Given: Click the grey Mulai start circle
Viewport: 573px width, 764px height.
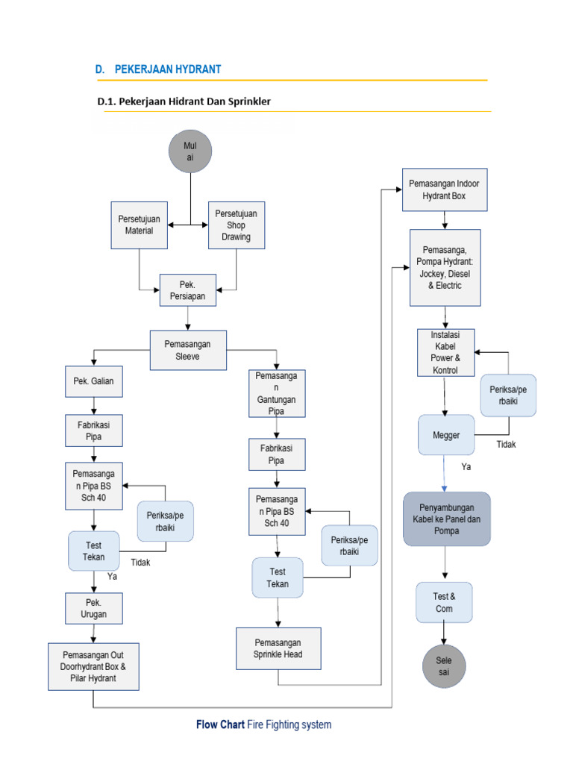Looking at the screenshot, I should click(190, 151).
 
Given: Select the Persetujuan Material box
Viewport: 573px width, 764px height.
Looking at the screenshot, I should click(140, 225).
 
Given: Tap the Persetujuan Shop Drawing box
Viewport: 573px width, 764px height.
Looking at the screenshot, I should click(236, 225).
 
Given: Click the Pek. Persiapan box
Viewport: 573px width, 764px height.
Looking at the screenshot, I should click(187, 290).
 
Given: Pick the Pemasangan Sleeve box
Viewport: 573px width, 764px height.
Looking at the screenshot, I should click(187, 350).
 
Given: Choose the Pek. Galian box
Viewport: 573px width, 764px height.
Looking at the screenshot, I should click(93, 381).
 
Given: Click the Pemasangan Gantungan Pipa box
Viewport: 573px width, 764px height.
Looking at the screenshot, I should click(278, 393).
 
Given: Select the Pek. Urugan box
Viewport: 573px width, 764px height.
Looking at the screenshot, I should click(93, 609).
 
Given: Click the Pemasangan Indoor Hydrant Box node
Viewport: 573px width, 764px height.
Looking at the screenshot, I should click(445, 190).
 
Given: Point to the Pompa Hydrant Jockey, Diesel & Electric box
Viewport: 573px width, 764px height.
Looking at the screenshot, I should click(445, 268).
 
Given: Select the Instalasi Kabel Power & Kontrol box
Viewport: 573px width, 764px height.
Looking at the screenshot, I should click(445, 352).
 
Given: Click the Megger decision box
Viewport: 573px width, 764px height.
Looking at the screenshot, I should click(446, 435).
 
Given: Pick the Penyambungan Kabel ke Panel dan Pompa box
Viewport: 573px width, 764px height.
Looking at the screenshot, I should click(447, 519).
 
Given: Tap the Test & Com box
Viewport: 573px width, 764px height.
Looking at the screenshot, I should click(444, 602).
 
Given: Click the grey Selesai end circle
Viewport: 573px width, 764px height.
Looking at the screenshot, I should click(444, 666).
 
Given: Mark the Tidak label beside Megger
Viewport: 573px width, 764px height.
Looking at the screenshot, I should click(506, 445).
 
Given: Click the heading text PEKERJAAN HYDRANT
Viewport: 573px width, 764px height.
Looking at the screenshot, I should click(168, 69).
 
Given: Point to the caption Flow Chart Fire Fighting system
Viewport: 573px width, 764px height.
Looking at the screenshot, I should click(263, 724).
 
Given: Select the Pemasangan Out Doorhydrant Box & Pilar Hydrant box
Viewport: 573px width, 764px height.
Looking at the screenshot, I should click(93, 666).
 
